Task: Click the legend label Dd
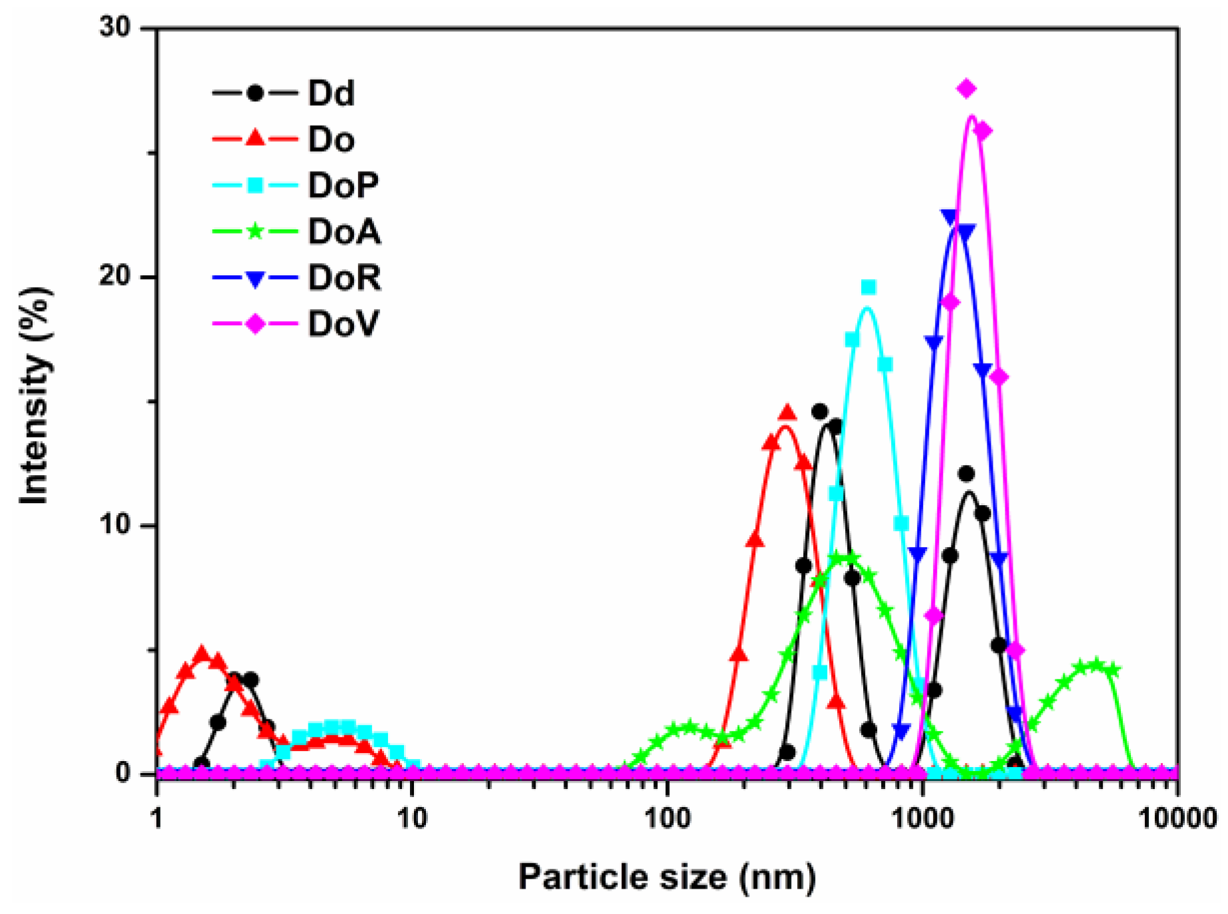pyautogui.click(x=330, y=93)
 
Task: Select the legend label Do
pyautogui.click(x=330, y=140)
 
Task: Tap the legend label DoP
pyautogui.click(x=343, y=185)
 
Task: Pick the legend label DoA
pyautogui.click(x=344, y=232)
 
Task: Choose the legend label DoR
pyautogui.click(x=344, y=278)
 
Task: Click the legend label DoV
pyautogui.click(x=343, y=324)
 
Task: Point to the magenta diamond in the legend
pyautogui.click(x=255, y=324)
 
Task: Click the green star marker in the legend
pyautogui.click(x=255, y=232)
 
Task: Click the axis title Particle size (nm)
pyautogui.click(x=666, y=877)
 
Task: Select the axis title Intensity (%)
pyautogui.click(x=35, y=396)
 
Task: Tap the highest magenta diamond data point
pyautogui.click(x=967, y=88)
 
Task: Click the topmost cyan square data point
pyautogui.click(x=868, y=287)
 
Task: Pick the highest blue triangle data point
pyautogui.click(x=950, y=216)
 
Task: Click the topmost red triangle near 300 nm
pyautogui.click(x=787, y=413)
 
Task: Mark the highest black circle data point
pyautogui.click(x=820, y=412)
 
